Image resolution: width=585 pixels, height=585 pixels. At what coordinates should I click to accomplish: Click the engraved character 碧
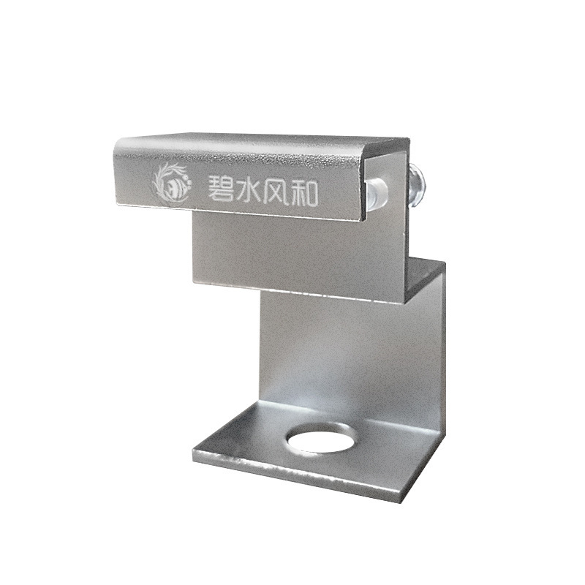tap(221, 189)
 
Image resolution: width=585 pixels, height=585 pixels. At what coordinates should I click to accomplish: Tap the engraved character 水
tap(249, 191)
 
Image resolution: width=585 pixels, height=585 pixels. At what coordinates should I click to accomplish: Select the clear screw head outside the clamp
tap(416, 186)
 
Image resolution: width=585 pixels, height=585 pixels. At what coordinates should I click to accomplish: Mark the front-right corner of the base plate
tap(402, 502)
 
